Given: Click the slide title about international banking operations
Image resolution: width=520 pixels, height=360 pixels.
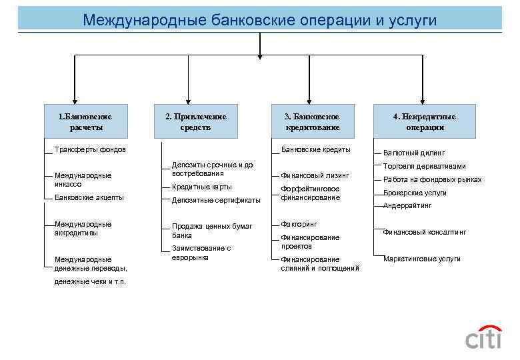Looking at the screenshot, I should [259, 20].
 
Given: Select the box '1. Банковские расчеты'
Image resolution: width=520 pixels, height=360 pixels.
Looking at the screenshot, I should [85, 121].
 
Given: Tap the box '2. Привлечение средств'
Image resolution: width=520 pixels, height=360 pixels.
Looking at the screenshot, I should [195, 121].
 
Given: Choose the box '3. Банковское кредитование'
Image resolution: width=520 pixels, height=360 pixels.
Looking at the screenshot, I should [313, 121].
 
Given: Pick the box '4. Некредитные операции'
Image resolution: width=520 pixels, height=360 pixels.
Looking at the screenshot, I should [425, 121].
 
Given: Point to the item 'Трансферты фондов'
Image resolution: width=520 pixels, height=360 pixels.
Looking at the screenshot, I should [90, 149].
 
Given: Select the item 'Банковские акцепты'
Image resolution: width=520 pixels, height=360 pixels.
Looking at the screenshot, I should [89, 197].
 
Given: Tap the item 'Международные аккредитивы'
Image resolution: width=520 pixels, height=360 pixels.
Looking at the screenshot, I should [83, 229].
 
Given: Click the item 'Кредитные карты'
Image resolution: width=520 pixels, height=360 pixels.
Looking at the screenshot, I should [202, 187].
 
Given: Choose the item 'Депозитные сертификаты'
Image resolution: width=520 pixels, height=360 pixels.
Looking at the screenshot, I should [216, 200].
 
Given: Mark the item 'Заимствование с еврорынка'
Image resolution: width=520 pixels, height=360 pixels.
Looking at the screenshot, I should [201, 252].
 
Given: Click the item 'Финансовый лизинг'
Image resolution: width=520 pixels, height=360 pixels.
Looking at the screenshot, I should [315, 176].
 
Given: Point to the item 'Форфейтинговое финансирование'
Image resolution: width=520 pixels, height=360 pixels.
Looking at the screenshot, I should [310, 193].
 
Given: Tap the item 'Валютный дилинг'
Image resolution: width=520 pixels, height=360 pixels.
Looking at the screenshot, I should [414, 153].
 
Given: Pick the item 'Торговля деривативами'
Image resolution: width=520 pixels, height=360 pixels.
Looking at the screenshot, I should [424, 166].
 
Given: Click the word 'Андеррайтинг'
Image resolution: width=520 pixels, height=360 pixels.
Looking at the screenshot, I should [407, 206].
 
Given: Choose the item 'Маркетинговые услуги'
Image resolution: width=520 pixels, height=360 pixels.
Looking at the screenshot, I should [421, 259].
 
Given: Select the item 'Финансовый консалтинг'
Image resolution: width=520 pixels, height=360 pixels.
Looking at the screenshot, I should [424, 232].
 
